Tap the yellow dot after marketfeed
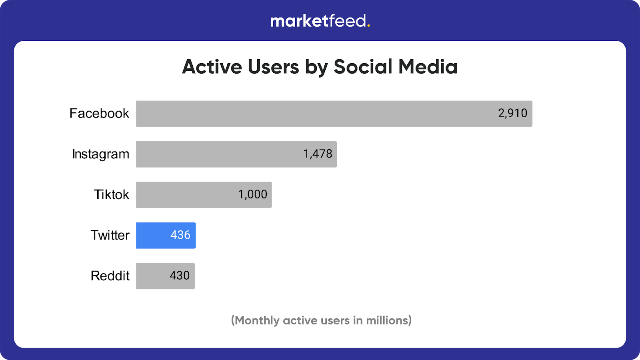368,26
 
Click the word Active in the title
212,67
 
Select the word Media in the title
428,67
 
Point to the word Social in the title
363,67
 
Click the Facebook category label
99,114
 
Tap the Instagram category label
101,154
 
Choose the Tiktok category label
111,195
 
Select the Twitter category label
110,235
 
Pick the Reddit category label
110,276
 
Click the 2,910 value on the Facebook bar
512,114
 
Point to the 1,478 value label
318,154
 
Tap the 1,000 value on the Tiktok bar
252,195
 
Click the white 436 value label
180,235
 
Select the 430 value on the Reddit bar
180,276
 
